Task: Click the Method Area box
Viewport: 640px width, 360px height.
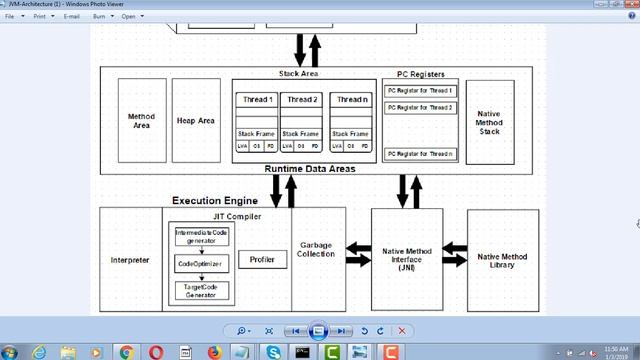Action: pos(142,121)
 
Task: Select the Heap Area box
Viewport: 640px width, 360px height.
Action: pos(196,121)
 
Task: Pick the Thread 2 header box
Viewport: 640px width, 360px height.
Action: pos(302,100)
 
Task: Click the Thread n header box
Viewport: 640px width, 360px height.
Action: pos(350,100)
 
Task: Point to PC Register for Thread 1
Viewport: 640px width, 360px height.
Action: pos(420,91)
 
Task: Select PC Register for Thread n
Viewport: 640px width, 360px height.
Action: pos(420,154)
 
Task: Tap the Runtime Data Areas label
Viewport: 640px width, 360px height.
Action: pos(310,169)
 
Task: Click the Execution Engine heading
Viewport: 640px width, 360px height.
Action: pos(214,201)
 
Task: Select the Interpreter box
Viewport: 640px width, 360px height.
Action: pos(130,260)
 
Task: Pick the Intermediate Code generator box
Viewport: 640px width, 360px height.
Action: pos(202,237)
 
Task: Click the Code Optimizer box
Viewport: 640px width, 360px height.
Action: pos(201,263)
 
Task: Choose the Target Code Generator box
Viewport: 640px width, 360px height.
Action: pos(201,291)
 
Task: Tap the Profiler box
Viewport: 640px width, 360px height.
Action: pos(262,260)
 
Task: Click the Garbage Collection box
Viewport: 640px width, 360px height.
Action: pos(317,249)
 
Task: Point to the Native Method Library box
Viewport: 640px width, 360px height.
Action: pos(502,261)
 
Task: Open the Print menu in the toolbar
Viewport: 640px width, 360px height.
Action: pos(40,17)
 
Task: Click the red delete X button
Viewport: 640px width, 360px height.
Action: pos(402,330)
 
